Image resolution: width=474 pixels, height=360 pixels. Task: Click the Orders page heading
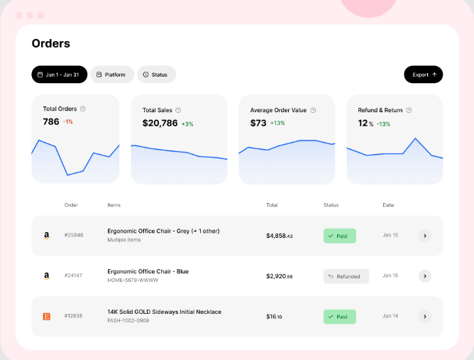(51, 43)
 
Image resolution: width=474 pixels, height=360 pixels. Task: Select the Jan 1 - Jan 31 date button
(60, 75)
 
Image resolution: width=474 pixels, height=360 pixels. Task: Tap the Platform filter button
(111, 75)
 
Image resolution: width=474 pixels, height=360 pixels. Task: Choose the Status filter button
(156, 75)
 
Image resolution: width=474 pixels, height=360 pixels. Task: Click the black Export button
(423, 75)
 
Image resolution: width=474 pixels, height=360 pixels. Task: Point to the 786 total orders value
(51, 121)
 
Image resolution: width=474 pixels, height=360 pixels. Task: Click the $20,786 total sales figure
(160, 123)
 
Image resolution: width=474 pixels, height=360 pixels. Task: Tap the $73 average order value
(258, 123)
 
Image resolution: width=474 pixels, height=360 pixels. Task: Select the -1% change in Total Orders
(68, 122)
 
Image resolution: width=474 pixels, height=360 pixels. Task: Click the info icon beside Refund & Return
(409, 110)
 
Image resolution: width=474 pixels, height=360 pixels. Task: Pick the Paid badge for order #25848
(340, 236)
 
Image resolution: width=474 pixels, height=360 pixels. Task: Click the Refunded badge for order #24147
(346, 276)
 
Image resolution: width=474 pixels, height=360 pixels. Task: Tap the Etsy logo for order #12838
(46, 317)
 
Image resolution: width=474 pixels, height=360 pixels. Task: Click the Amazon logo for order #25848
(46, 236)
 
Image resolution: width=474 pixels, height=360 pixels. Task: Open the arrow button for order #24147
(424, 276)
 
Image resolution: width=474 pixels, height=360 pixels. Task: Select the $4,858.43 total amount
(280, 236)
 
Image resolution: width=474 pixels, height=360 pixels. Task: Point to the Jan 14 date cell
(390, 316)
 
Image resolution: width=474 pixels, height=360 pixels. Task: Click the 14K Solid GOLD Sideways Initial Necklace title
(164, 312)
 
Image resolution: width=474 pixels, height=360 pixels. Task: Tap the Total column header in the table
(272, 205)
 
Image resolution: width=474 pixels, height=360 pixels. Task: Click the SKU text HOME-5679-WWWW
(133, 280)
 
